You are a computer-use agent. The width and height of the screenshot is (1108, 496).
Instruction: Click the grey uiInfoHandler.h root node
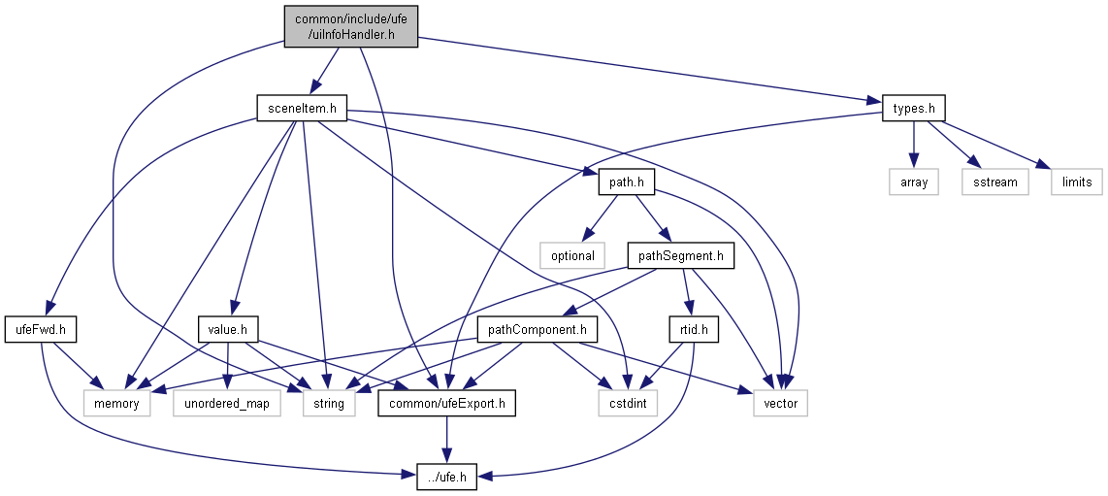(351, 27)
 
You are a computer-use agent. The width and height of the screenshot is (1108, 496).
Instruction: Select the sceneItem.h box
(302, 109)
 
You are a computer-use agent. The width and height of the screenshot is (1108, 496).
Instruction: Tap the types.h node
(914, 109)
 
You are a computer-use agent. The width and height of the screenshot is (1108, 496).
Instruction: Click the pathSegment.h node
(681, 256)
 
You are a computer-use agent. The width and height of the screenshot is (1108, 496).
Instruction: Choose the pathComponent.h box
(538, 330)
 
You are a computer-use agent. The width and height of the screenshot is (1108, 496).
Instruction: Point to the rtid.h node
(693, 330)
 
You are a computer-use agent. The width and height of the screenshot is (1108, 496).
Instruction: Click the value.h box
(228, 330)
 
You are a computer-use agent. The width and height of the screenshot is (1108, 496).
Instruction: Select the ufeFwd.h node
(41, 330)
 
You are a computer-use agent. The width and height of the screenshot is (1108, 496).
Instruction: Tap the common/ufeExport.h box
(446, 404)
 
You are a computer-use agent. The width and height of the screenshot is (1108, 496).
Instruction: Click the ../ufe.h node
(446, 477)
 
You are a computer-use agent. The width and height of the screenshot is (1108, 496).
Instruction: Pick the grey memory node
(117, 404)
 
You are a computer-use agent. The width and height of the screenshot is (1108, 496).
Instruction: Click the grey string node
(329, 404)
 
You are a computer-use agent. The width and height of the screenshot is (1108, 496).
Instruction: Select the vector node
(780, 404)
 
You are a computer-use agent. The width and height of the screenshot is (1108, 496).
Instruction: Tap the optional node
(572, 256)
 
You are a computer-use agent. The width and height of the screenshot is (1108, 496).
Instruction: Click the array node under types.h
(914, 182)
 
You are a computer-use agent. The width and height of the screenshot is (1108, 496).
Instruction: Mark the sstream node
(994, 182)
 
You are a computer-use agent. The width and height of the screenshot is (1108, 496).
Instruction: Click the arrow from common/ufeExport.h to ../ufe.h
(446, 440)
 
